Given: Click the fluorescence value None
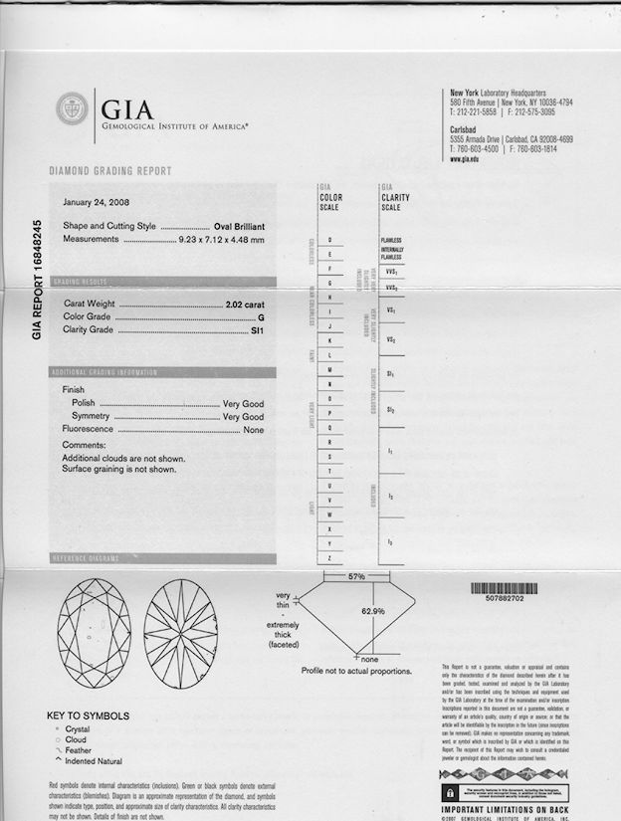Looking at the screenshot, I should coord(253,429).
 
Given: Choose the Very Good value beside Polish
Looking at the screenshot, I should coord(243,403).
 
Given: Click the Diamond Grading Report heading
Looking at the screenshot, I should coord(110,171).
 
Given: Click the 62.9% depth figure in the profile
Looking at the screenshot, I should coord(372,610).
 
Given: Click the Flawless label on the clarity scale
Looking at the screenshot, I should coord(390,241).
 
